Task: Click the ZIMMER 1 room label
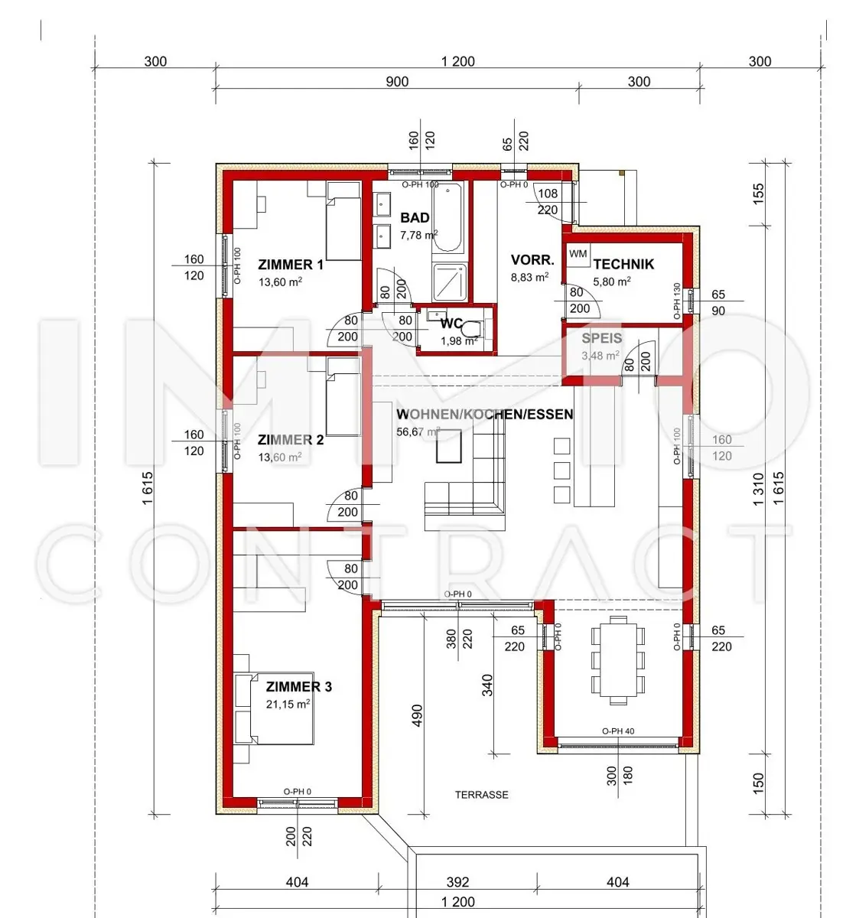(290, 265)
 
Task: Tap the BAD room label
(415, 217)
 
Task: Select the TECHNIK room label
(623, 264)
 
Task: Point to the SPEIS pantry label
(601, 338)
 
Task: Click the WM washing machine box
(578, 255)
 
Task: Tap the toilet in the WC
(472, 330)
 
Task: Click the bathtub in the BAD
(447, 217)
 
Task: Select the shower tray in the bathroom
(450, 282)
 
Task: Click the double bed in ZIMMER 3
(274, 708)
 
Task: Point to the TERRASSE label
(482, 794)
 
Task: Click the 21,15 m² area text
(288, 704)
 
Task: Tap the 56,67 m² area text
(418, 431)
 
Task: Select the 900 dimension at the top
(397, 81)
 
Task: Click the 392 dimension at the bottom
(457, 882)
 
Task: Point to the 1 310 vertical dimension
(759, 489)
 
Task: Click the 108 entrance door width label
(548, 193)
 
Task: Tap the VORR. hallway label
(532, 260)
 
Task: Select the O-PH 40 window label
(618, 731)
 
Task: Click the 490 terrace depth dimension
(417, 715)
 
